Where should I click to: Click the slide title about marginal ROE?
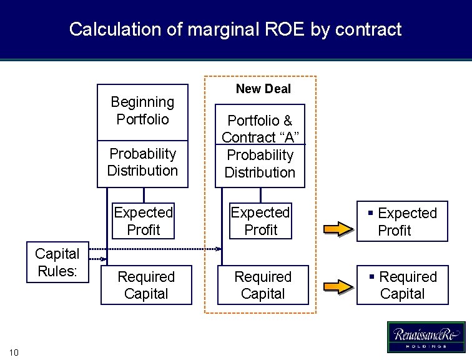click(235, 29)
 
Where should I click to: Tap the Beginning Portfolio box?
click(142, 111)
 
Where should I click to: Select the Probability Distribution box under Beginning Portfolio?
click(142, 162)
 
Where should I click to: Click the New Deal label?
click(263, 89)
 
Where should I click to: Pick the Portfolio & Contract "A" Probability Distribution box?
click(260, 146)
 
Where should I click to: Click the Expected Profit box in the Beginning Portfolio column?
click(144, 221)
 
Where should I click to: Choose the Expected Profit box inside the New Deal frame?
click(260, 221)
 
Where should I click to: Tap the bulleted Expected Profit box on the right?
click(402, 222)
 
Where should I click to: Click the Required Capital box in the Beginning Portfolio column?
click(146, 286)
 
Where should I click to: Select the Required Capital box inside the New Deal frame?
click(263, 286)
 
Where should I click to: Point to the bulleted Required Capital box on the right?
click(402, 286)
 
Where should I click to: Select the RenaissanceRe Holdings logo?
click(426, 337)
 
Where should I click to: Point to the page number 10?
click(14, 353)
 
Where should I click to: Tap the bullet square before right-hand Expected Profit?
click(371, 213)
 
